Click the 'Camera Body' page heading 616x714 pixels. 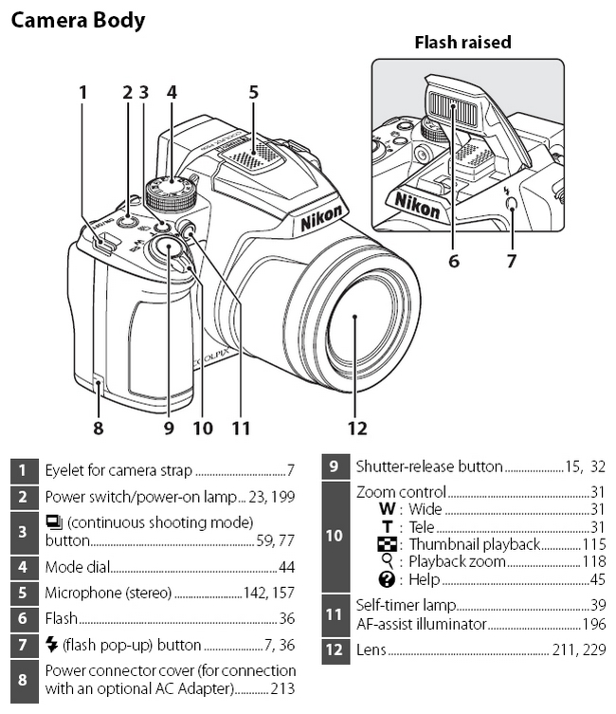78,19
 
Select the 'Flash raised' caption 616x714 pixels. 462,43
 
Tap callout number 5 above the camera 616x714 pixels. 253,92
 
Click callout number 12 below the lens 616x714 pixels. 355,428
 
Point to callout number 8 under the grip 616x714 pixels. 98,428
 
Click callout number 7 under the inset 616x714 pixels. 512,260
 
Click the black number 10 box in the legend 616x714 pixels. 334,536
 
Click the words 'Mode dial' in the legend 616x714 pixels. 78,567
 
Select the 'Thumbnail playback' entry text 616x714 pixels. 474,544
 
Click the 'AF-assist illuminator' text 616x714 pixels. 420,624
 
